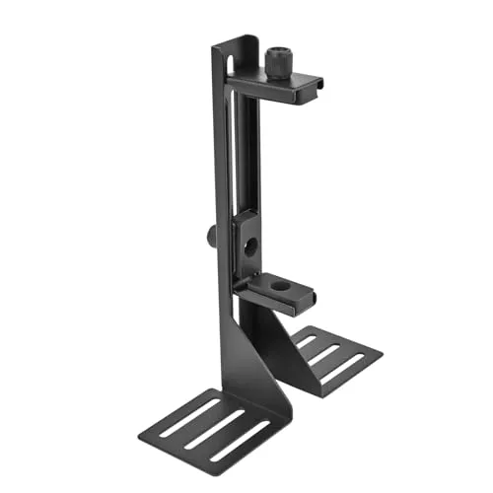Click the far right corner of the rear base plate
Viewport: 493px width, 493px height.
point(382,356)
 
